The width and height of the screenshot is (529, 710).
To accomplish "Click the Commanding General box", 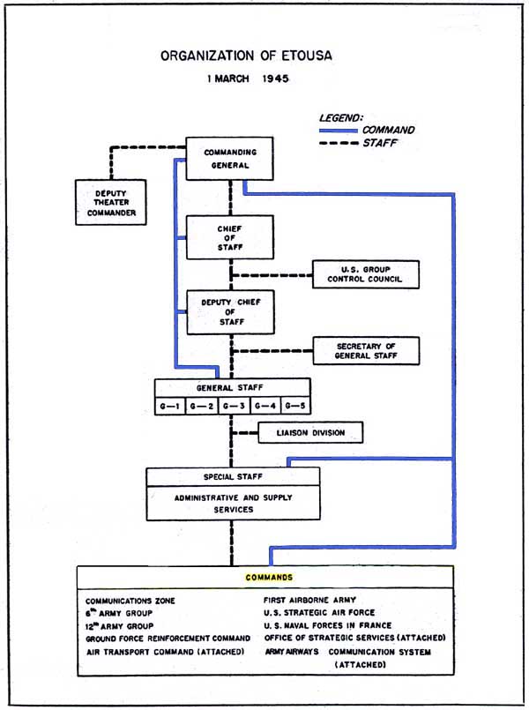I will click(230, 159).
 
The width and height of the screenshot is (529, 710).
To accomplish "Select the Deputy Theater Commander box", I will click(111, 201).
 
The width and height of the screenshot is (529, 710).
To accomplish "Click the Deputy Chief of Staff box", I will click(230, 311).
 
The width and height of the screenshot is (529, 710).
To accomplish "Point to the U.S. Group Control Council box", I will click(366, 275).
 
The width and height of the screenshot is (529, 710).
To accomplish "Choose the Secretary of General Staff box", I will click(366, 350).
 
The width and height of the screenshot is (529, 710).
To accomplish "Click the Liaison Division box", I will click(309, 433).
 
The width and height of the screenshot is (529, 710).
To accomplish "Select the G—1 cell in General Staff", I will click(171, 406).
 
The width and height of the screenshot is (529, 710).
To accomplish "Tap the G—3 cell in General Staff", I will click(234, 406).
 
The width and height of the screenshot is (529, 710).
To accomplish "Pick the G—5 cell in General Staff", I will click(295, 406).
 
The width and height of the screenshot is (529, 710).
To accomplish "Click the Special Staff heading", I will click(233, 476).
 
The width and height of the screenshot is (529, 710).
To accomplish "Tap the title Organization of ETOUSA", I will click(246, 56).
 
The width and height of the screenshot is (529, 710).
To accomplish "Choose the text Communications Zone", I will click(130, 601).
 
